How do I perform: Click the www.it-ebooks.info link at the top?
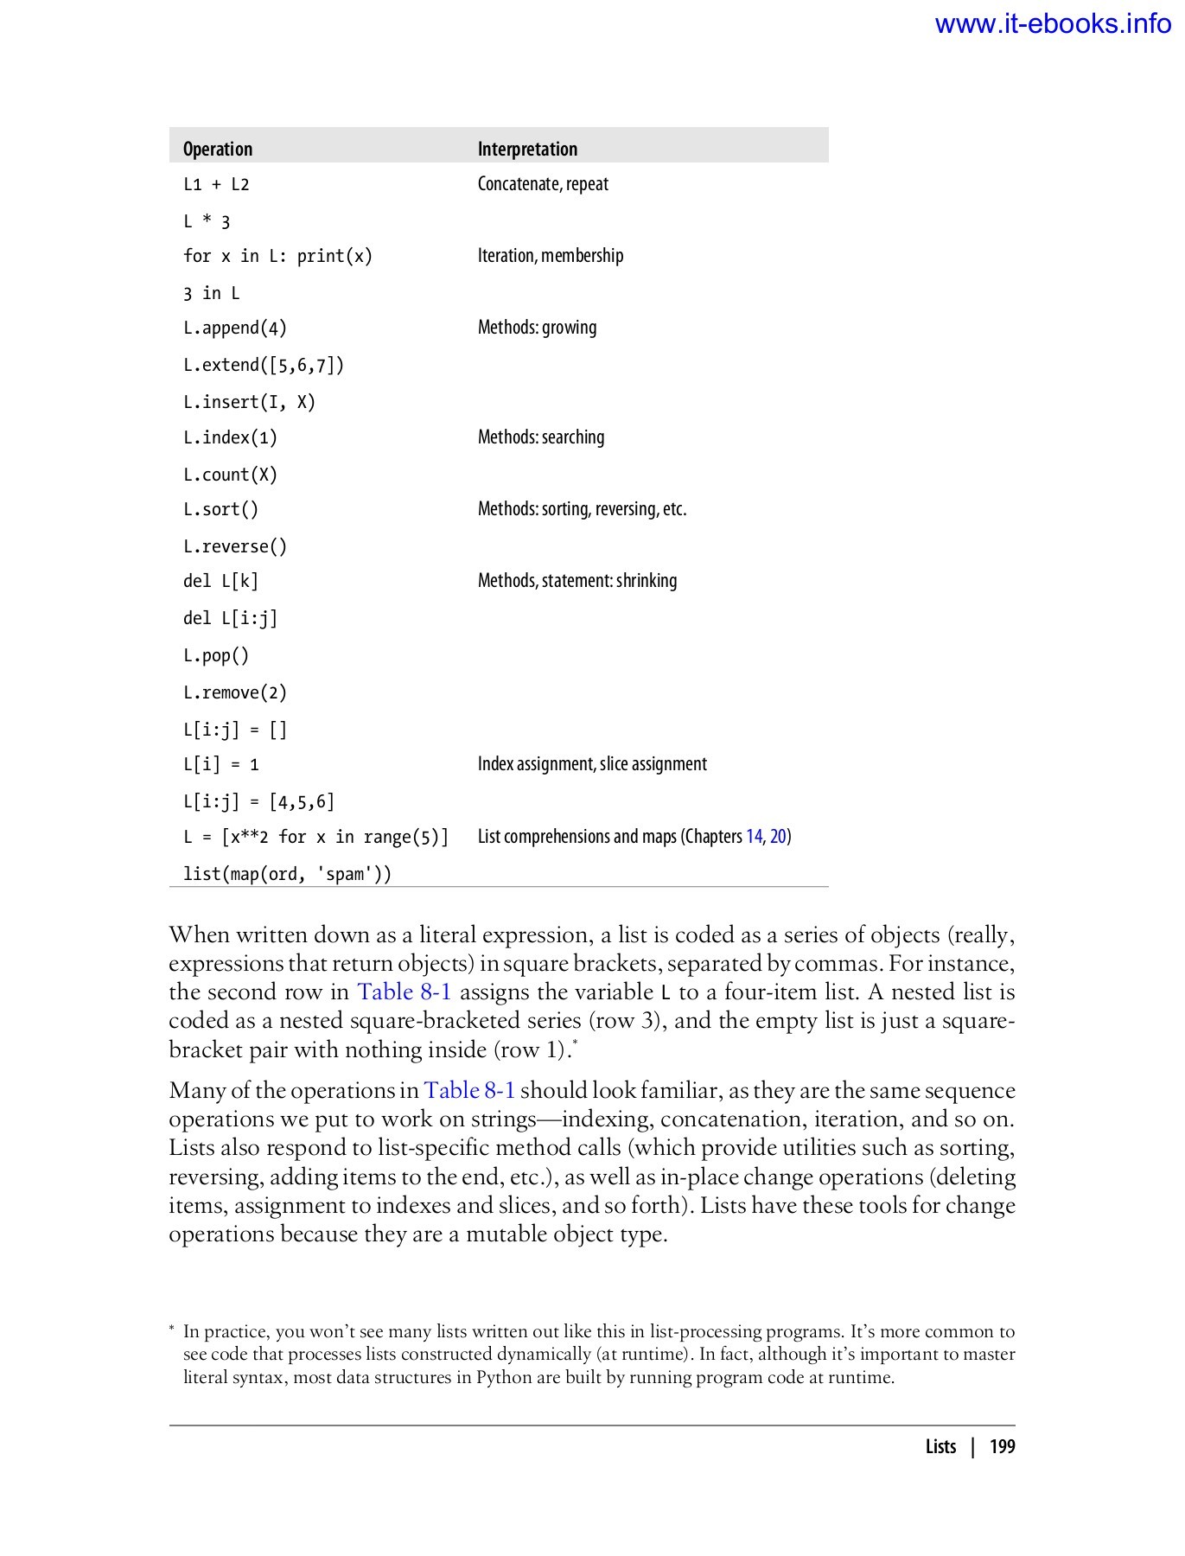point(1052,23)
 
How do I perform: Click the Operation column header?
point(218,149)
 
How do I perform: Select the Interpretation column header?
point(527,149)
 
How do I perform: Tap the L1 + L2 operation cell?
point(216,184)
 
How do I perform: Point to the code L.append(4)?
point(234,328)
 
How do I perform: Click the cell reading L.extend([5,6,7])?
point(264,365)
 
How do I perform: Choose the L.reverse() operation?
point(234,546)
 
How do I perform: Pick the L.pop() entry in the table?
point(216,655)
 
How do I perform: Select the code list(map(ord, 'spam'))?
point(287,874)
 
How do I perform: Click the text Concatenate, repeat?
point(543,184)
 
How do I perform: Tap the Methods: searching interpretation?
point(541,437)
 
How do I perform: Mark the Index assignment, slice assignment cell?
point(592,764)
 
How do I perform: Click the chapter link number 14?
point(754,837)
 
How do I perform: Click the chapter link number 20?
point(778,837)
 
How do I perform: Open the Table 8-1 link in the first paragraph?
point(405,992)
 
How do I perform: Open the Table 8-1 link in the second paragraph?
point(469,1090)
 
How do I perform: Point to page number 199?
point(1002,1447)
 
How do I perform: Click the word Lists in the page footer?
point(940,1447)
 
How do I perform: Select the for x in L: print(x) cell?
point(277,256)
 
